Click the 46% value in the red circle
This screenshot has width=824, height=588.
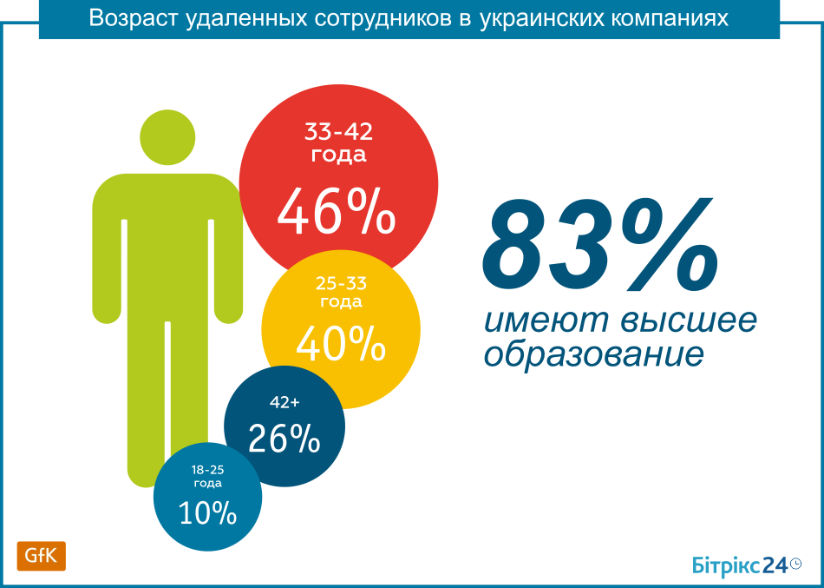pyautogui.click(x=336, y=212)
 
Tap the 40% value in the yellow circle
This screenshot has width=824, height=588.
pyautogui.click(x=341, y=344)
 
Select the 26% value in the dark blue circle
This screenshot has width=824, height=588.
pyautogui.click(x=284, y=439)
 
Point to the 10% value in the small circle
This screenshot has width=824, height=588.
pyautogui.click(x=208, y=513)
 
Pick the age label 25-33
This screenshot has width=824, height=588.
pyautogui.click(x=341, y=284)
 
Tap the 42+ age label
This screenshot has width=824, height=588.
pyautogui.click(x=284, y=402)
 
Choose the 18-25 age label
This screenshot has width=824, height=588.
pyautogui.click(x=208, y=470)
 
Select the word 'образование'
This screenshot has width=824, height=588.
pyautogui.click(x=593, y=355)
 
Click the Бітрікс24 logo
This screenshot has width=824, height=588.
pyautogui.click(x=739, y=565)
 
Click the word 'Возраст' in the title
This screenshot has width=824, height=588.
pyautogui.click(x=133, y=19)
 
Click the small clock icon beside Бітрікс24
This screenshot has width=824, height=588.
pyautogui.click(x=795, y=564)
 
